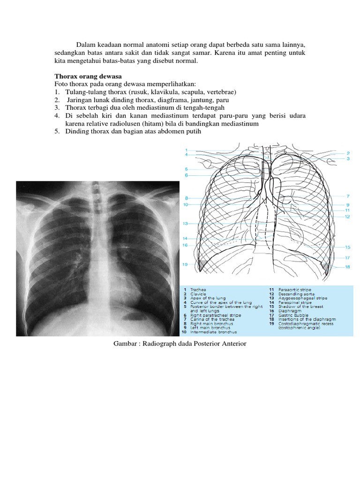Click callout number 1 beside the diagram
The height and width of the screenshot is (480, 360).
click(186, 150)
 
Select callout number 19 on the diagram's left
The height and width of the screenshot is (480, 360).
click(185, 264)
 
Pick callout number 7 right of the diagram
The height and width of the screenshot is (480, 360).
click(348, 196)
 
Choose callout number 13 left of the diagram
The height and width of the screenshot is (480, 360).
click(185, 224)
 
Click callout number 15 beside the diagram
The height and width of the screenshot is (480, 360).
click(347, 247)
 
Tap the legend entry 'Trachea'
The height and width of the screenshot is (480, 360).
click(199, 290)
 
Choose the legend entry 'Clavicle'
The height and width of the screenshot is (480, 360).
click(199, 294)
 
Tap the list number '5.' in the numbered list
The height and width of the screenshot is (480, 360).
click(56, 132)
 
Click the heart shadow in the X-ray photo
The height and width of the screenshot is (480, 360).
click(112, 281)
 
